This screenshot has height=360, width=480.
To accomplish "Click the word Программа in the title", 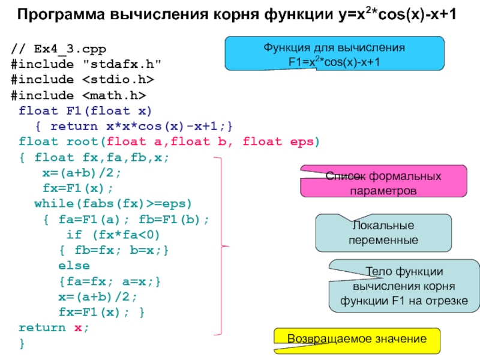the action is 61,14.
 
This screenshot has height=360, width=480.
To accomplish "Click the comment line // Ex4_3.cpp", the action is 58,49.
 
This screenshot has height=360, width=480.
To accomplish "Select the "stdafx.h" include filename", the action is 122,64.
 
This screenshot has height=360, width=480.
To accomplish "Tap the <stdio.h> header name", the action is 118,80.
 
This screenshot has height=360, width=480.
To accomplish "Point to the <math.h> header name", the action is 114,95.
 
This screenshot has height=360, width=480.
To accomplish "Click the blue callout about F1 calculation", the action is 334,53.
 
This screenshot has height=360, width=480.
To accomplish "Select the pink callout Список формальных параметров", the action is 383,181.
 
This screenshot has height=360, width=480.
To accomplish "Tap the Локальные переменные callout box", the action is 383,233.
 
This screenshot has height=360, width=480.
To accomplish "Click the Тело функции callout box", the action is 404,286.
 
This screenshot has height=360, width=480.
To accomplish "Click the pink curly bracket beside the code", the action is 221,246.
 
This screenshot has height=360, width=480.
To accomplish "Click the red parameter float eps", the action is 278,142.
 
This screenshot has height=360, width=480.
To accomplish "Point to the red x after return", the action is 78,328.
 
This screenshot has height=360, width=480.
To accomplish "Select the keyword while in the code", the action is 54,203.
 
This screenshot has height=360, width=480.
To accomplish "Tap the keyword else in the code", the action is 74,266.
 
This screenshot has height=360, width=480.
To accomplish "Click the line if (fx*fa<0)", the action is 113,235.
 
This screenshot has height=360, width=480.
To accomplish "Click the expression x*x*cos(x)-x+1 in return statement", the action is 161,126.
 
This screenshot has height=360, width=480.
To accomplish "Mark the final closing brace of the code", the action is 22,343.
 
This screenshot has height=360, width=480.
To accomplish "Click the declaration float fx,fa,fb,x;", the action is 101,158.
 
